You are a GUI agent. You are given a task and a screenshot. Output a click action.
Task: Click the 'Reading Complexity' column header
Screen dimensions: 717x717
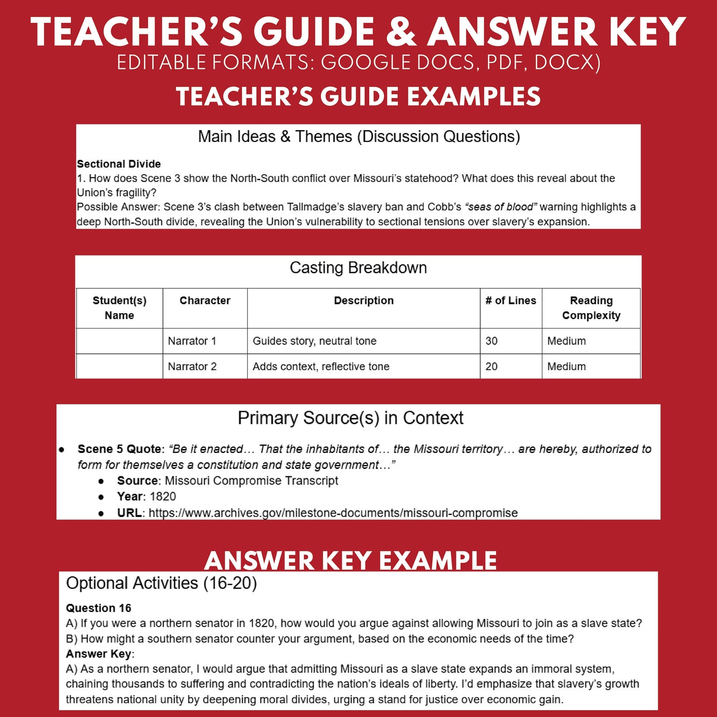click(591, 308)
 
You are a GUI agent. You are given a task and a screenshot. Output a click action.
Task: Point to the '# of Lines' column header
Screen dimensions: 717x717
click(511, 301)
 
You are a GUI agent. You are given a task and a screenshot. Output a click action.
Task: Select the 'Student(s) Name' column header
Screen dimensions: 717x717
click(120, 308)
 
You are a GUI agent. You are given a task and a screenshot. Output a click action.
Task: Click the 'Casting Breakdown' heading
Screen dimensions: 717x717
click(358, 268)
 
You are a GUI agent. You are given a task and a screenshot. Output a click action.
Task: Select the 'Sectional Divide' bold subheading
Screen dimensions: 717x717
click(119, 164)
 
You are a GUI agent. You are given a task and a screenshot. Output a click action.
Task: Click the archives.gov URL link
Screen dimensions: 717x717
click(333, 513)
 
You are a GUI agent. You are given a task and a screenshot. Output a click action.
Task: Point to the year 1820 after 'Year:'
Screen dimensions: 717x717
click(163, 496)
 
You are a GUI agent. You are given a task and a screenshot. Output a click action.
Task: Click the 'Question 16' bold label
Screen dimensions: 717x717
click(98, 608)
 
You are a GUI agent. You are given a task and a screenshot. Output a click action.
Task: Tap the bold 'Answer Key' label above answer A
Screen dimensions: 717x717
click(98, 653)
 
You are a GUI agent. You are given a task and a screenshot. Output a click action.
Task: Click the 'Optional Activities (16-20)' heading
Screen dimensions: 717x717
click(161, 583)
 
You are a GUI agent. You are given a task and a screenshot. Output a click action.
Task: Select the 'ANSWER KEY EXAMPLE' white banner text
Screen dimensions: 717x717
click(350, 561)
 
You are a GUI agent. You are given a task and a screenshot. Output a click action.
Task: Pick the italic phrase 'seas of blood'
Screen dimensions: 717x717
click(501, 207)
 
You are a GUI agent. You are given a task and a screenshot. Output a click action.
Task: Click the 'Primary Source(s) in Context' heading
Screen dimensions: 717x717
click(350, 418)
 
